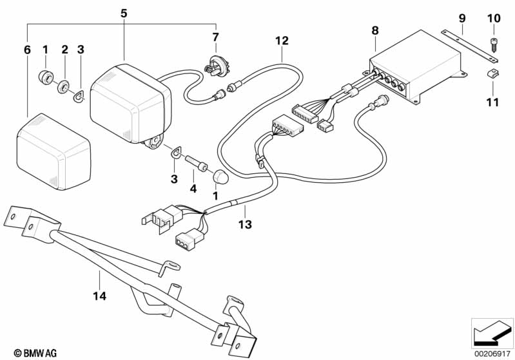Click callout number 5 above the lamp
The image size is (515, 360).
[x=124, y=12]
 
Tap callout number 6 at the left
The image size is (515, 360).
[x=26, y=49]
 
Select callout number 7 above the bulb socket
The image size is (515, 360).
[x=216, y=37]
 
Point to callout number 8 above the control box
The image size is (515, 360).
[x=375, y=30]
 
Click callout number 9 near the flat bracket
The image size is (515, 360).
[x=462, y=18]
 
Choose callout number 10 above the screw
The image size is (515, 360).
[x=493, y=18]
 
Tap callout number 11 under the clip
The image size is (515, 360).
[x=493, y=102]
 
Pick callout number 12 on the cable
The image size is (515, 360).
[x=282, y=41]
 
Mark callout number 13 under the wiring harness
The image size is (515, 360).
[x=244, y=224]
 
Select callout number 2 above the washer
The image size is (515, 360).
[x=64, y=49]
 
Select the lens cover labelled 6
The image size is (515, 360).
[x=53, y=150]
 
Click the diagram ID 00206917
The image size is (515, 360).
[x=492, y=354]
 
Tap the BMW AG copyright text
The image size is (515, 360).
[x=35, y=353]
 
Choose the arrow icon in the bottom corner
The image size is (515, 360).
[x=492, y=332]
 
